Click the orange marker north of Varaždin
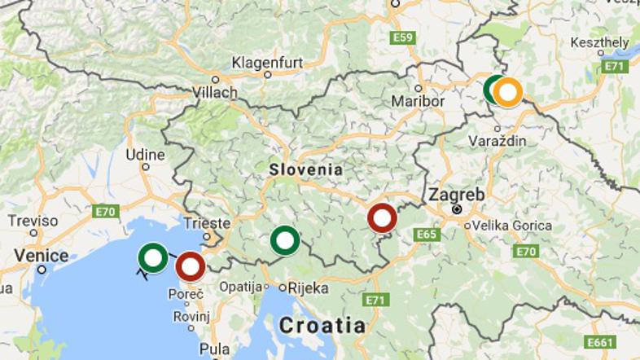507,92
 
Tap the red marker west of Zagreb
382,218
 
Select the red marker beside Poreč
190,266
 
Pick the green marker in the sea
153,258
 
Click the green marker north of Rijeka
284,241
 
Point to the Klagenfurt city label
268,62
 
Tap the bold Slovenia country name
305,170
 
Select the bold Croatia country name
322,325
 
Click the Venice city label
42,256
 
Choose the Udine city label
146,154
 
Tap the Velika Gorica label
511,225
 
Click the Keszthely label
600,43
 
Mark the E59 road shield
402,37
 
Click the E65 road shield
426,235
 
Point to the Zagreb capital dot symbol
457,209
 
